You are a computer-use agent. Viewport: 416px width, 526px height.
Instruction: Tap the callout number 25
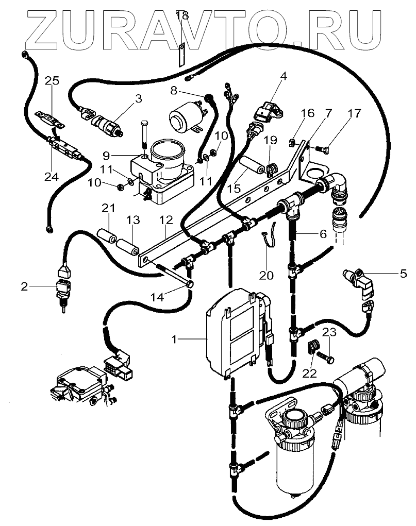point(52,80)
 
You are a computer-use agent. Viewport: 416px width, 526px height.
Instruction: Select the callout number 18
point(181,15)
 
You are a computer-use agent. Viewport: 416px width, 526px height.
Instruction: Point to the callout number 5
point(403,274)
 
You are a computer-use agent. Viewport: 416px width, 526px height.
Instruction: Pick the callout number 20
point(266,276)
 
